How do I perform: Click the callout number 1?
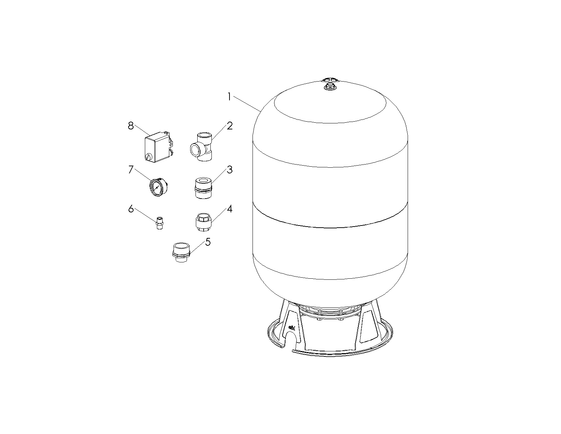229,97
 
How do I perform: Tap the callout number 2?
229,126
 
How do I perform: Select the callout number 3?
229,169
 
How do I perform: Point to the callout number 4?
229,209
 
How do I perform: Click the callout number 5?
208,242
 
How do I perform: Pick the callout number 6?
131,209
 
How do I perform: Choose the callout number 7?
131,169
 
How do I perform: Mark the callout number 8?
131,126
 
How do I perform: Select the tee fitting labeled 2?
201,147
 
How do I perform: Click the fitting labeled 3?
203,188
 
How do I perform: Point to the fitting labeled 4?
204,222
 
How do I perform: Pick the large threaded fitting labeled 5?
181,252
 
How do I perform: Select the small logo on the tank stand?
291,327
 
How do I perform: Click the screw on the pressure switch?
148,157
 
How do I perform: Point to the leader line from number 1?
247,104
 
